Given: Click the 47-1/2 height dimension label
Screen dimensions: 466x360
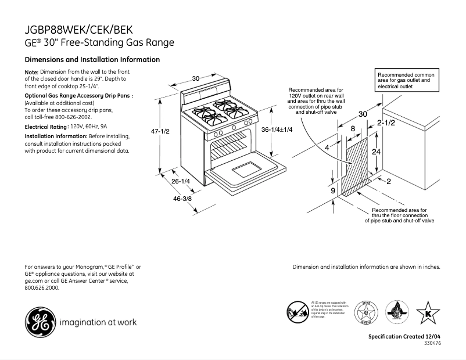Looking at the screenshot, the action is pyautogui.click(x=160, y=132).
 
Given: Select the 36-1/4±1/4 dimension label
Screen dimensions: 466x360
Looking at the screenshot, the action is pyautogui.click(x=277, y=129).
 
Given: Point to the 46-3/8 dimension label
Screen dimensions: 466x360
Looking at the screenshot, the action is pyautogui.click(x=182, y=199).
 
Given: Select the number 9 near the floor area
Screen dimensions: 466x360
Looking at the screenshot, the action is pyautogui.click(x=333, y=190).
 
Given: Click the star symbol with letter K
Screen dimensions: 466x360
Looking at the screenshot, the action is pyautogui.click(x=428, y=314).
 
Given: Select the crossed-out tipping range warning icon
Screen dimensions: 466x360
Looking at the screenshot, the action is pyautogui.click(x=297, y=313).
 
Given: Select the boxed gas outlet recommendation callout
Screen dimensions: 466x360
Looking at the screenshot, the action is pyautogui.click(x=407, y=81).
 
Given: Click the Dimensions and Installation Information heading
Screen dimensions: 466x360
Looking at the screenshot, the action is pyautogui.click(x=92, y=60).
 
